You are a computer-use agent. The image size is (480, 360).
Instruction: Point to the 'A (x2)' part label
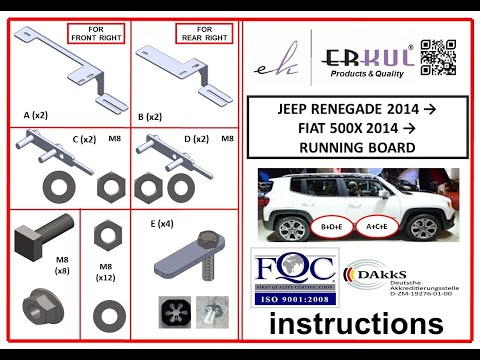(36, 115)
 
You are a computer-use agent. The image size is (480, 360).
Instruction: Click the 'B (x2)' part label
(149, 116)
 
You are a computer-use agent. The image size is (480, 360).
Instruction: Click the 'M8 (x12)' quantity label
(104, 272)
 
